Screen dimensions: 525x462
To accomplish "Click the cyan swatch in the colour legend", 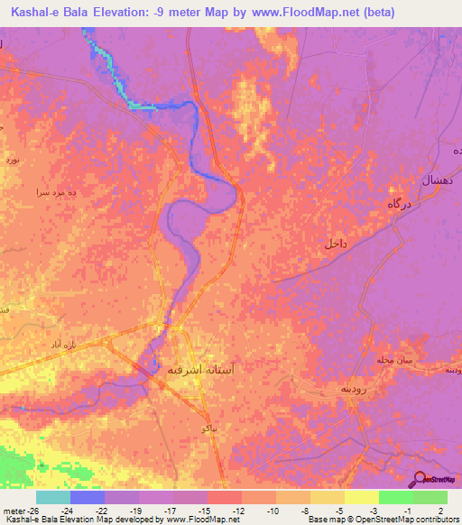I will point(53,496).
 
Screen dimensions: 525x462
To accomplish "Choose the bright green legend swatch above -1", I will point(395,496).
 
